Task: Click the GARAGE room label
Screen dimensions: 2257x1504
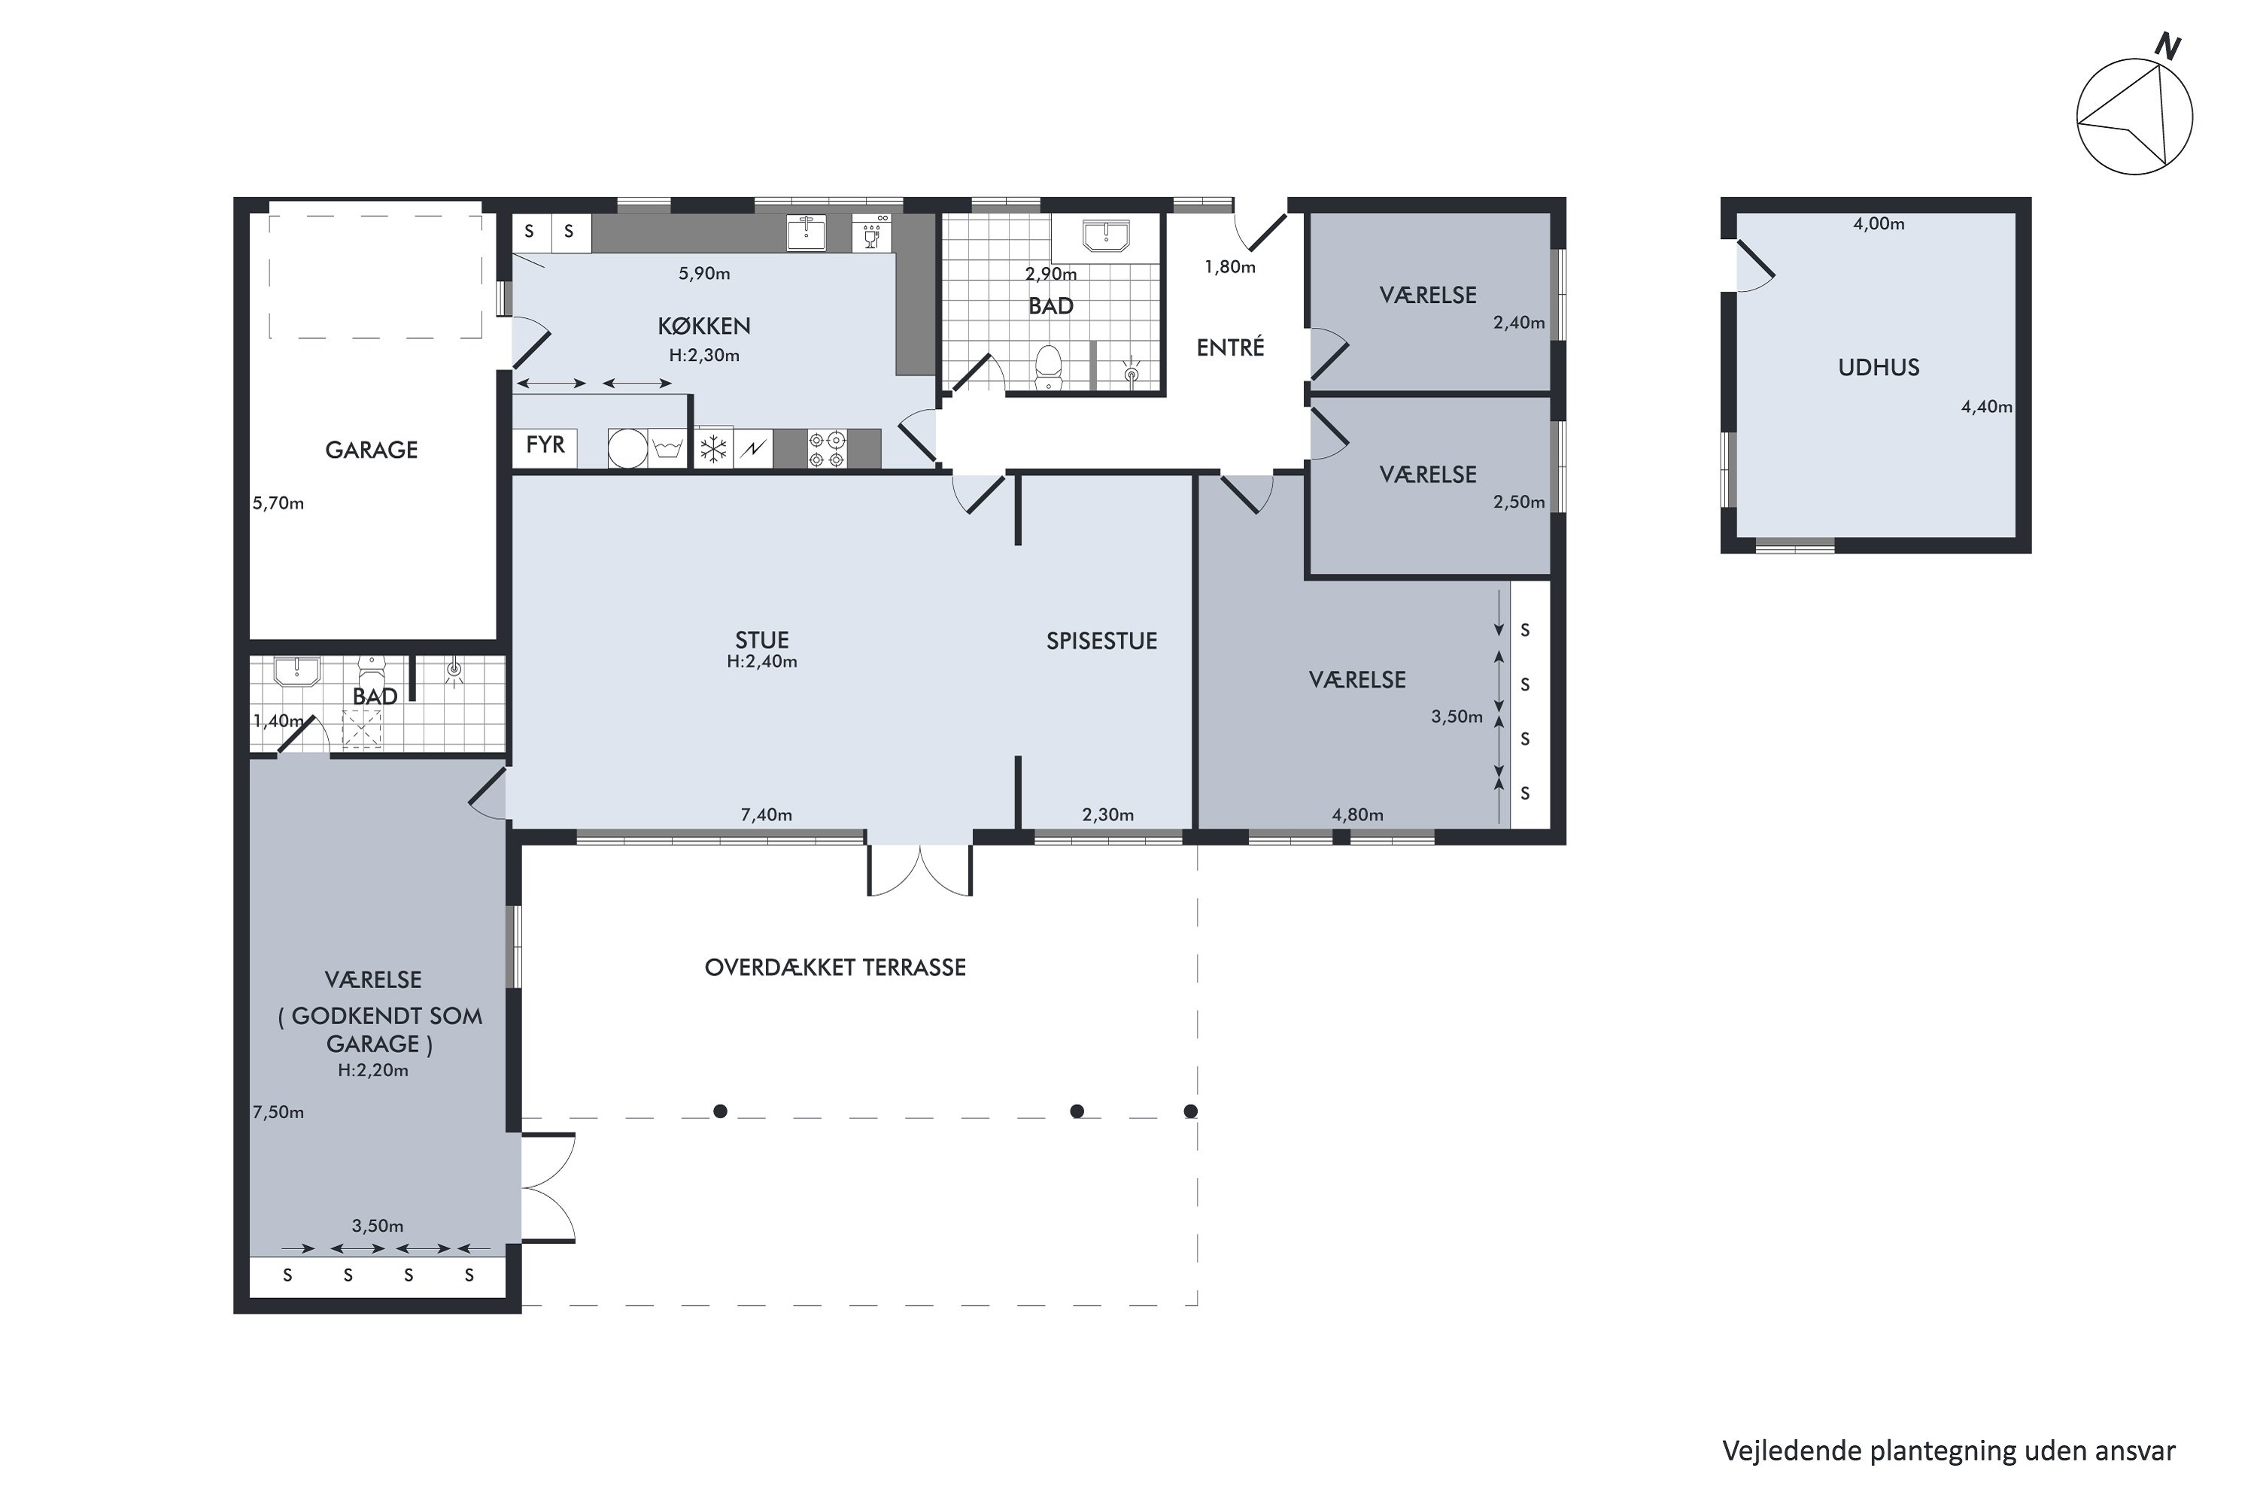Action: pyautogui.click(x=372, y=450)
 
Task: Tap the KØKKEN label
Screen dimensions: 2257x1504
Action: pyautogui.click(x=703, y=326)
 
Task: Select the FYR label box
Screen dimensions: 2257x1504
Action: pyautogui.click(x=545, y=445)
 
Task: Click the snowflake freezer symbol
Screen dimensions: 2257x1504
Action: pyautogui.click(x=713, y=449)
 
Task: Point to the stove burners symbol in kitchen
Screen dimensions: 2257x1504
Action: pyautogui.click(x=826, y=449)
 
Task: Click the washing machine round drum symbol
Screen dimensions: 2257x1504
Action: pyautogui.click(x=627, y=449)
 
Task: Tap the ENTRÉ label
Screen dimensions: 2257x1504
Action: pyautogui.click(x=1230, y=347)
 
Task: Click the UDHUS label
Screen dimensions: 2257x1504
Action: pyautogui.click(x=1878, y=368)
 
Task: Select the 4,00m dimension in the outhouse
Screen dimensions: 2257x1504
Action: pyautogui.click(x=1878, y=223)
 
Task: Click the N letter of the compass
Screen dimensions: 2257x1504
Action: pyautogui.click(x=2167, y=46)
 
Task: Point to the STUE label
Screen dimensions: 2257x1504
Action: pyautogui.click(x=762, y=640)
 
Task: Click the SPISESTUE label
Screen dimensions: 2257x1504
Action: pyautogui.click(x=1101, y=641)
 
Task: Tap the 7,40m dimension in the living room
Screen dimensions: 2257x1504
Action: pyautogui.click(x=766, y=814)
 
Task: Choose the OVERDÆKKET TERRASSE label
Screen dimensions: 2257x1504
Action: pyautogui.click(x=835, y=967)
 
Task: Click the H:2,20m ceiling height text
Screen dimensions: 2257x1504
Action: pyautogui.click(x=373, y=1070)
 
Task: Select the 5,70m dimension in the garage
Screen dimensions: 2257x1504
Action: pyautogui.click(x=278, y=502)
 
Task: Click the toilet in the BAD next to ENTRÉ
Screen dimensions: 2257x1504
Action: pyautogui.click(x=1048, y=368)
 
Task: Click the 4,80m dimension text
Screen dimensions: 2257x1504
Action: pyautogui.click(x=1357, y=814)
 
